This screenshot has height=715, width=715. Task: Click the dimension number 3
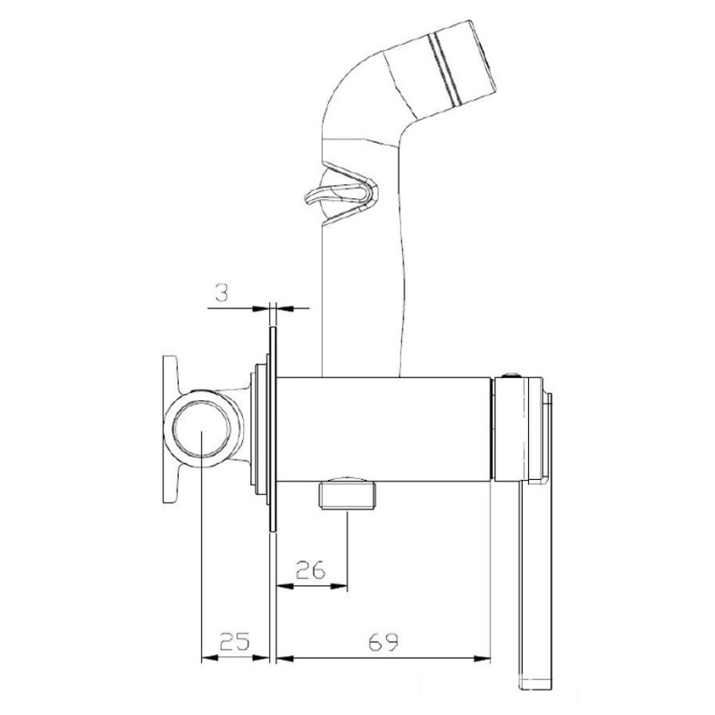pyautogui.click(x=222, y=293)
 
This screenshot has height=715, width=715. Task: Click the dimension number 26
pyautogui.click(x=310, y=569)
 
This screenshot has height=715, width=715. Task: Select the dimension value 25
pyautogui.click(x=235, y=642)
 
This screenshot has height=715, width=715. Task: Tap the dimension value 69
pyautogui.click(x=383, y=642)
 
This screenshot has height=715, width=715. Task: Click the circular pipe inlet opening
pyautogui.click(x=202, y=430)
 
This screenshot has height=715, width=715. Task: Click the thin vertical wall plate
pyautogui.click(x=273, y=429)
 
